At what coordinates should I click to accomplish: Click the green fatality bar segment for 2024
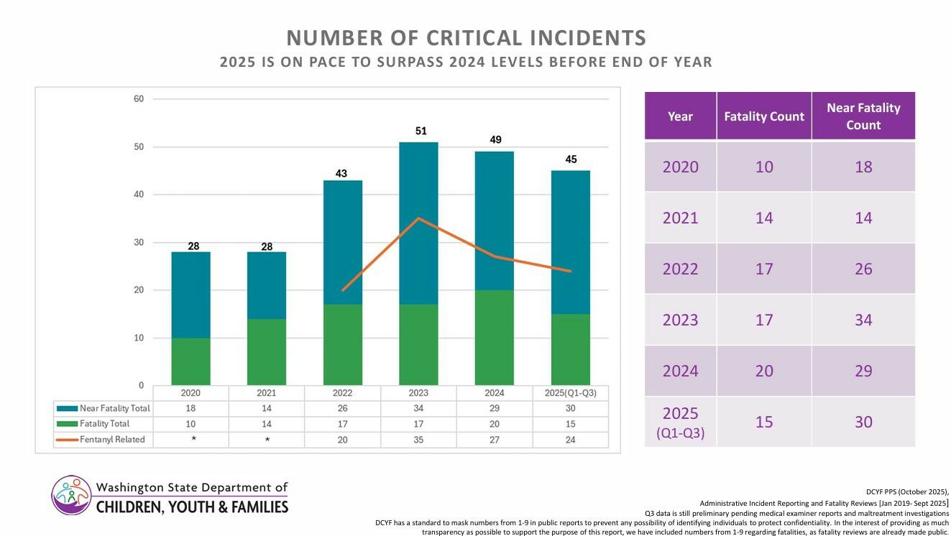click(494, 337)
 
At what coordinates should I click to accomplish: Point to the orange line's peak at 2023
click(418, 218)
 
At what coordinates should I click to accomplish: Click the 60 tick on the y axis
click(138, 99)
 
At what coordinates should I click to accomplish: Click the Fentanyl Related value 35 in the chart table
click(418, 439)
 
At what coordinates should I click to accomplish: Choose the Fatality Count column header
click(763, 116)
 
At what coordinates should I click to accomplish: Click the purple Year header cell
click(680, 116)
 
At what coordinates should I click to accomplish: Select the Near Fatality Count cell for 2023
click(863, 320)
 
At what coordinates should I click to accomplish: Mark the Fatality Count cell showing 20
click(763, 371)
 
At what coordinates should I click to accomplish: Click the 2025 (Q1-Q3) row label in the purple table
click(680, 422)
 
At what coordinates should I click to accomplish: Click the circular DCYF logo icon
click(71, 494)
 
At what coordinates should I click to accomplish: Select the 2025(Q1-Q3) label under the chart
click(570, 393)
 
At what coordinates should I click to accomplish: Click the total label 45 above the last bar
click(570, 160)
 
